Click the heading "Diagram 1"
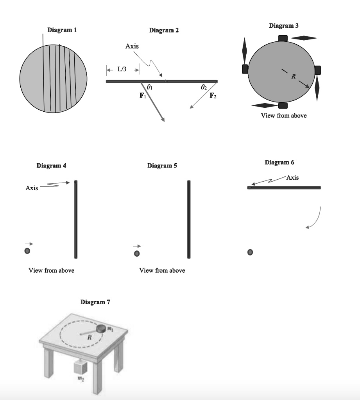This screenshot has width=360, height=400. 62,30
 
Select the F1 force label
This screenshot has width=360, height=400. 143,95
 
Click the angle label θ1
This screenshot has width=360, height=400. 149,87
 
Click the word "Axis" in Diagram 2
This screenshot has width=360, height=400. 132,46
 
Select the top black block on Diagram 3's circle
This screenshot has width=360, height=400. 283,38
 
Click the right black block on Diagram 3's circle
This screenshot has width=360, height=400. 317,70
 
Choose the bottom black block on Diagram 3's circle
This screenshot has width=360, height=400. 283,105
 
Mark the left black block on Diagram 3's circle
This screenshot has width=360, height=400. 245,70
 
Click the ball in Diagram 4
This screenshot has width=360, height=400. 27,251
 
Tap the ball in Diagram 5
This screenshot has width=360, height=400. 136,254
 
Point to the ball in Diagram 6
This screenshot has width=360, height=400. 250,252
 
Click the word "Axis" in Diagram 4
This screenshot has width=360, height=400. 32,188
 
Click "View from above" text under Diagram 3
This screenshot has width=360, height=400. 284,116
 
